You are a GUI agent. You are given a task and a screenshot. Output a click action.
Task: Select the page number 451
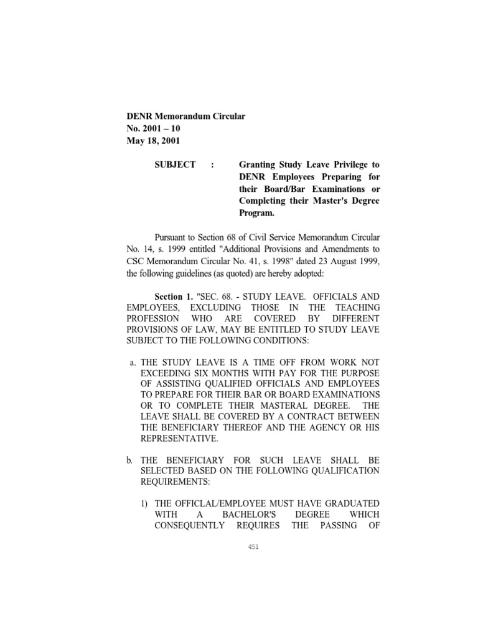tap(253, 547)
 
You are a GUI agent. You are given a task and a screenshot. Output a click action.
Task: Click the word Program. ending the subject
tap(258, 212)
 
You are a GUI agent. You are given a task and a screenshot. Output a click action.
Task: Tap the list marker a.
tap(133, 362)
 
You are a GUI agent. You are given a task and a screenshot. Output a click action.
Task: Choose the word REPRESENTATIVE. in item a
tap(180, 438)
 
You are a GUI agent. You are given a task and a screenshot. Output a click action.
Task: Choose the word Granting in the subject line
tap(260, 164)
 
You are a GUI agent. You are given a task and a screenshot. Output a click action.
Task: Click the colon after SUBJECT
tap(213, 164)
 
